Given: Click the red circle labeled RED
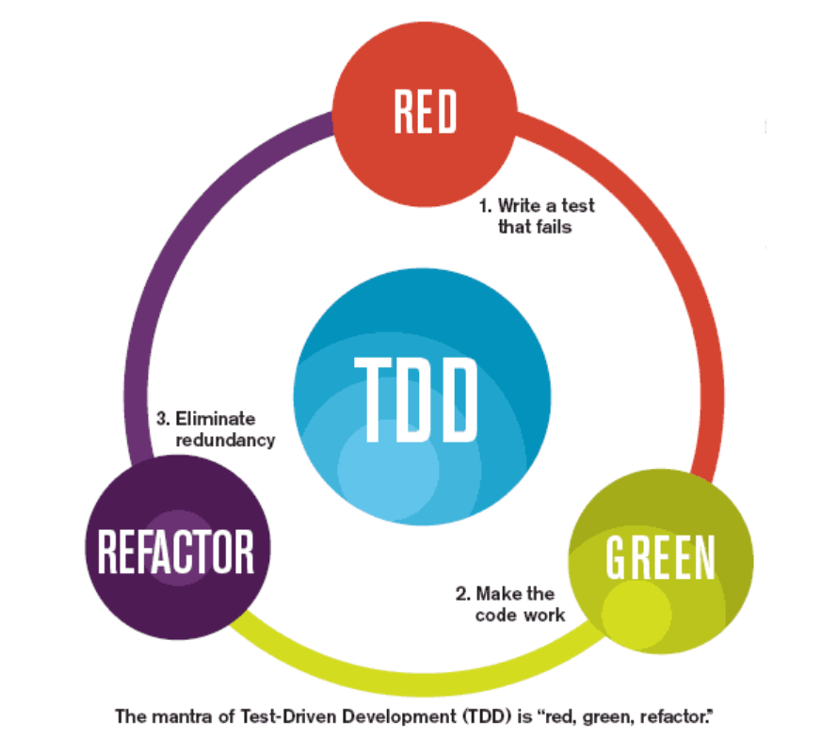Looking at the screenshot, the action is pos(425,111).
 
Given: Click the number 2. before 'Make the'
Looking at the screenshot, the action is pos(462,594).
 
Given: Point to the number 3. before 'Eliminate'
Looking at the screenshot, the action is pos(162,419).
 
